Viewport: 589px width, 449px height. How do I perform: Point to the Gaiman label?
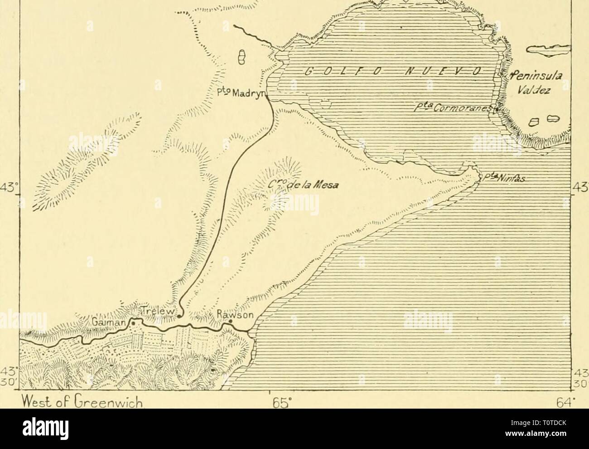coord(111,321)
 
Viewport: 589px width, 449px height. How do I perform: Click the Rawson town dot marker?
coord(231,321)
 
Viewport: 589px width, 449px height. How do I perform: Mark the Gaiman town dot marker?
coord(133,322)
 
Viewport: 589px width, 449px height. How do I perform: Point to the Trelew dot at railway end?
coord(180,316)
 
